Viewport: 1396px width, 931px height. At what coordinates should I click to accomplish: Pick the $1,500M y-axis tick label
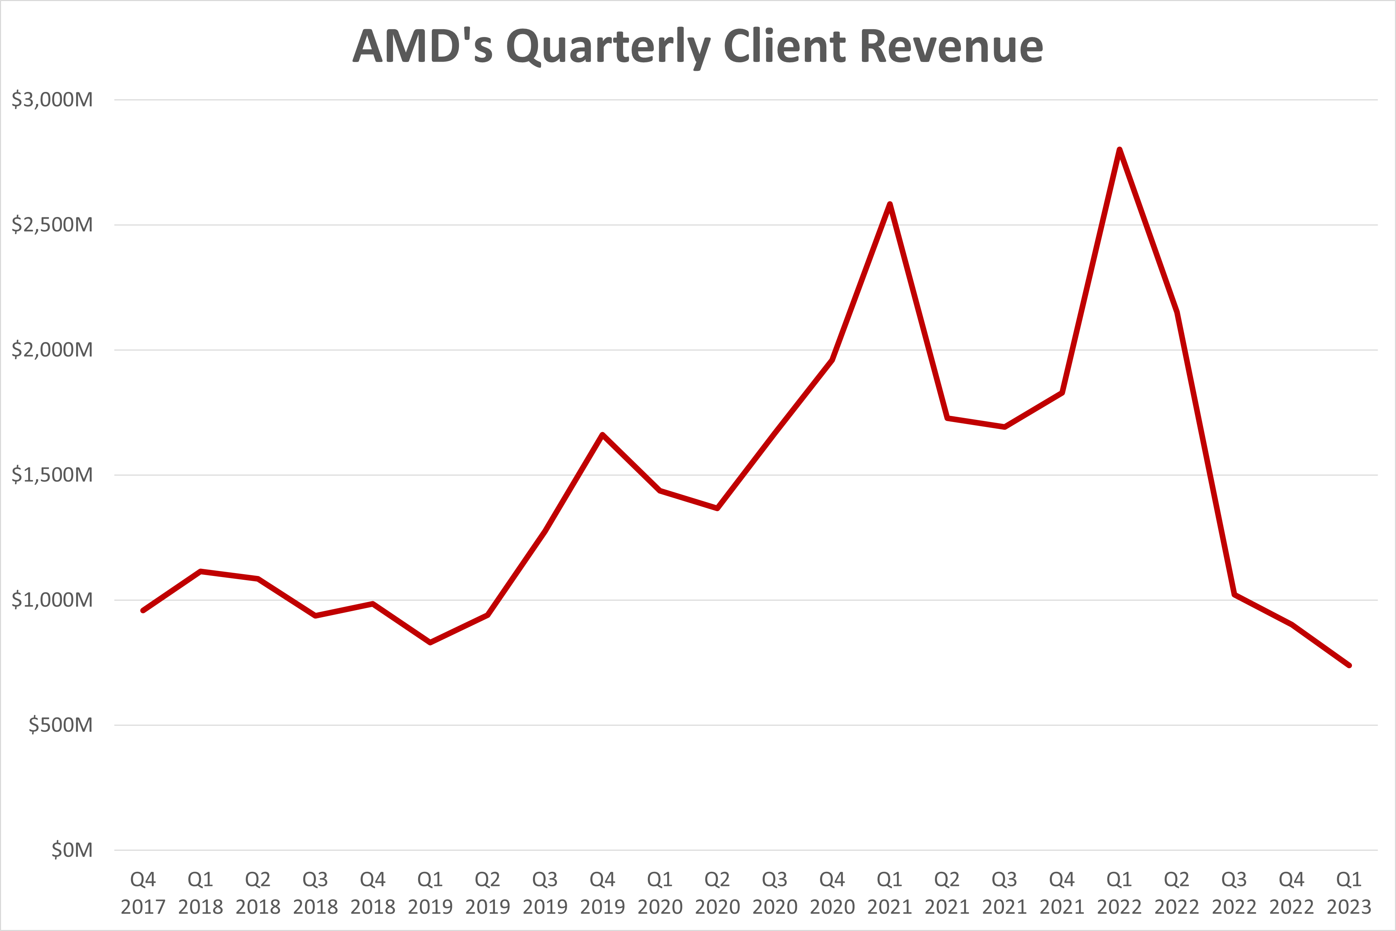click(52, 474)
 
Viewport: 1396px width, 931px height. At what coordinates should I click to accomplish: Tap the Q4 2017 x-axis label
click(143, 892)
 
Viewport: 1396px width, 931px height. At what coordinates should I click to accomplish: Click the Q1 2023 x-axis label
click(1349, 892)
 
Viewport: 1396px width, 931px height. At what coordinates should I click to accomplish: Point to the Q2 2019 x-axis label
click(488, 892)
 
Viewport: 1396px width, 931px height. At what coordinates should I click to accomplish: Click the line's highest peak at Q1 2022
click(1119, 150)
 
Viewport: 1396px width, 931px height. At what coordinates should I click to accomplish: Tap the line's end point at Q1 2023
click(1349, 665)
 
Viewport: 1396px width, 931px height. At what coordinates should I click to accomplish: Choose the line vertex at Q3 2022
click(1234, 594)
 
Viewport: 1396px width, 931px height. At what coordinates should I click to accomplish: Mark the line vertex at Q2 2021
click(947, 418)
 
